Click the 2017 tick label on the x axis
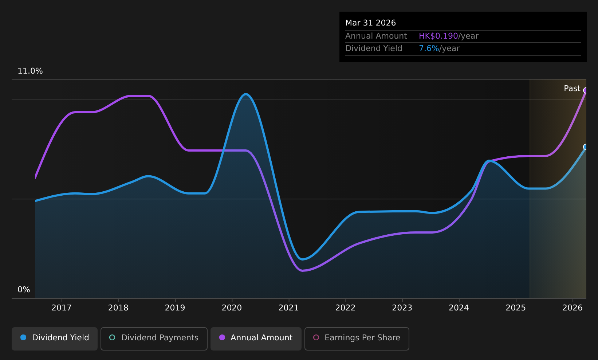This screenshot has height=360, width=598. coord(62,308)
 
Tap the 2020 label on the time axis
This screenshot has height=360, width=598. coord(232,308)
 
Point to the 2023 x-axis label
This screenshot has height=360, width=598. coord(402,308)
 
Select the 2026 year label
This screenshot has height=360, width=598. coord(573,308)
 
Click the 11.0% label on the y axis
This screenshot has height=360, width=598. coord(30,71)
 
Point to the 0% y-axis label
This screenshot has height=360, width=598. coord(24,290)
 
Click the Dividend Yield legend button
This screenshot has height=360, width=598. coord(55,339)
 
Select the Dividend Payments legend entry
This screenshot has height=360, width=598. coord(154,339)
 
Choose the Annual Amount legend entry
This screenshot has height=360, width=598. coord(256,339)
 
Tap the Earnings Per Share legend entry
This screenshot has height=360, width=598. coord(357,339)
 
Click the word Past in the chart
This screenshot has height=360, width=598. coord(572,89)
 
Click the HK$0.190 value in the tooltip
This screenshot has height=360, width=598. coord(438,36)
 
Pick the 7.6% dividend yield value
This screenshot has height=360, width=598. coord(429,48)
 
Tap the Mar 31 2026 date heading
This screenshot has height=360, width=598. coord(370,23)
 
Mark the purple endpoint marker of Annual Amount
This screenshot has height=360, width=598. coord(586,90)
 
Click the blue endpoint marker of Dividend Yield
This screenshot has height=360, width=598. coord(586,147)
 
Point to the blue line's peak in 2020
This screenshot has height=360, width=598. coord(245,94)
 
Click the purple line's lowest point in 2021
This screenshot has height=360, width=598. coord(302,271)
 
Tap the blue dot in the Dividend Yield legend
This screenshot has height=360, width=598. coord(23,337)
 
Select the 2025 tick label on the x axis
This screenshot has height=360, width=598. coord(516,308)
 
